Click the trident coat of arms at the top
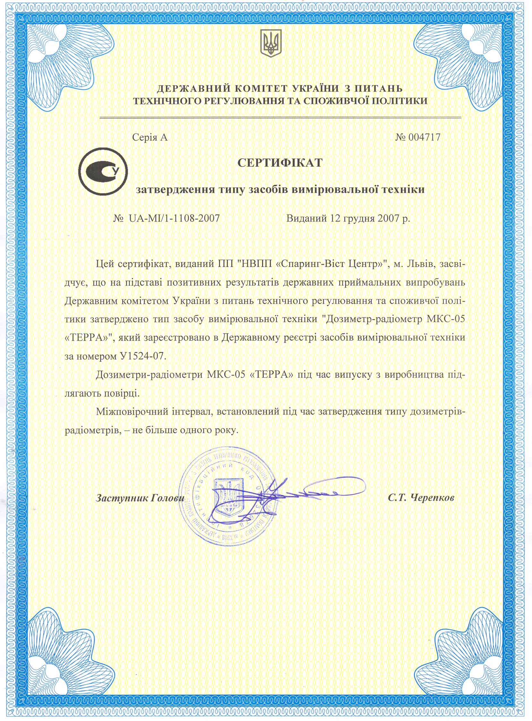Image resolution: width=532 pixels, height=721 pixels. [270, 43]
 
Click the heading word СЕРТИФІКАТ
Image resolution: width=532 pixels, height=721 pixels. [279, 163]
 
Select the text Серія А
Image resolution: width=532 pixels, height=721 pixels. [150, 138]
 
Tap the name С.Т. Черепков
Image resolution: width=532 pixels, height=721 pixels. [421, 498]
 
